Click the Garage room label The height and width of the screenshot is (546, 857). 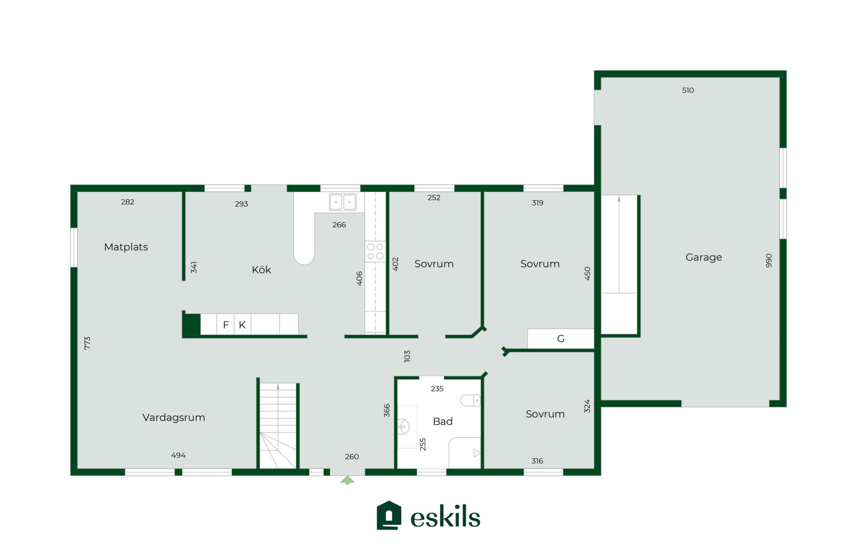tap(703, 257)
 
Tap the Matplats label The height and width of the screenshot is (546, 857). tap(126, 247)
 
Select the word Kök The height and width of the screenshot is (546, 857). tap(261, 269)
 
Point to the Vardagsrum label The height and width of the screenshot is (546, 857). tap(174, 418)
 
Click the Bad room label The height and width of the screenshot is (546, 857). tap(443, 421)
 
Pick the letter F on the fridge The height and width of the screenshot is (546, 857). tap(226, 325)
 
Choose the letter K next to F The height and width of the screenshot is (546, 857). tap(242, 325)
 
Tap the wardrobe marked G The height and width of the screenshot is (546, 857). tap(561, 339)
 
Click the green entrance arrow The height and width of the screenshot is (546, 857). tap(347, 480)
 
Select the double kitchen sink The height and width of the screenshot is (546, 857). tap(343, 202)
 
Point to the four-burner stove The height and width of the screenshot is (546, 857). tap(375, 251)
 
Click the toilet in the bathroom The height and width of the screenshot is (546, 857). tap(470, 400)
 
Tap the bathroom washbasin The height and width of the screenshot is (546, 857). tap(404, 427)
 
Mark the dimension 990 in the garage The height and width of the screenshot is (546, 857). tap(769, 261)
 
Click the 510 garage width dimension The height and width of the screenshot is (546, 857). tap(688, 90)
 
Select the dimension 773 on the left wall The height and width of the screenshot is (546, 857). tap(87, 343)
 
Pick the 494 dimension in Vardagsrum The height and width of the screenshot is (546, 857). tap(178, 455)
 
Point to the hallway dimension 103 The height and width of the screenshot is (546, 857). tap(407, 356)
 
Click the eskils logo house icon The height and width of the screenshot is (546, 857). tap(389, 515)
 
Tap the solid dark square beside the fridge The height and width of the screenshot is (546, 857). tap(192, 324)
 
